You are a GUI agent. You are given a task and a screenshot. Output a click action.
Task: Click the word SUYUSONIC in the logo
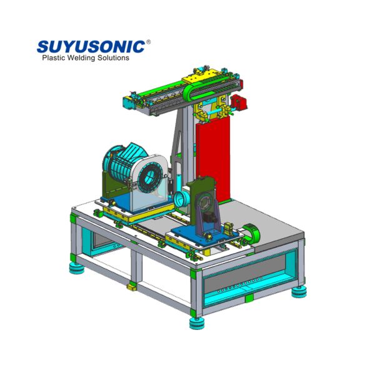[x=91, y=46]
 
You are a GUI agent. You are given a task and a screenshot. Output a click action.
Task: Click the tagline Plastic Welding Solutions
[x=85, y=58]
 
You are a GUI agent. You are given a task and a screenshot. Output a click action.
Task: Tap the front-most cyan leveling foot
[x=196, y=323]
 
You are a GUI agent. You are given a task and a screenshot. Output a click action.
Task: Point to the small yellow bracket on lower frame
[x=132, y=286]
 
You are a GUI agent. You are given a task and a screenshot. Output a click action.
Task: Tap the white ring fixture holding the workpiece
[x=150, y=178]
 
